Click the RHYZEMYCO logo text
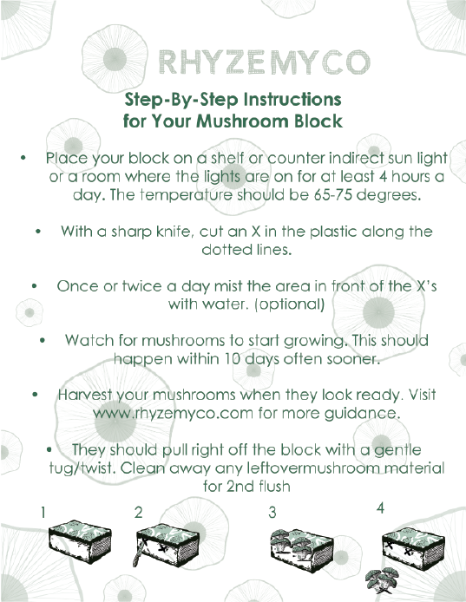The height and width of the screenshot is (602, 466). coord(265,62)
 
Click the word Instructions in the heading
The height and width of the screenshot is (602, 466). coord(292,100)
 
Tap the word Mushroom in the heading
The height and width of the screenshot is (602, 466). coord(243,121)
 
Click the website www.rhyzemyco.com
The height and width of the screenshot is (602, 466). coord(174,414)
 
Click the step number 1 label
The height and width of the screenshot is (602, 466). coord(43,513)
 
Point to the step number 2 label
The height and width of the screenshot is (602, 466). coord(139,513)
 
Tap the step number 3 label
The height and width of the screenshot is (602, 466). coord(272,512)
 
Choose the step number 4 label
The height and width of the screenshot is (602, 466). coord(380,508)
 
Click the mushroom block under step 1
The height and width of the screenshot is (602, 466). coord(81,542)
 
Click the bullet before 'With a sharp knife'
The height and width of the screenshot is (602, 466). coord(38,232)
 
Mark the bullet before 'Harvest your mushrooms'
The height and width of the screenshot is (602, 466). coord(36,395)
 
